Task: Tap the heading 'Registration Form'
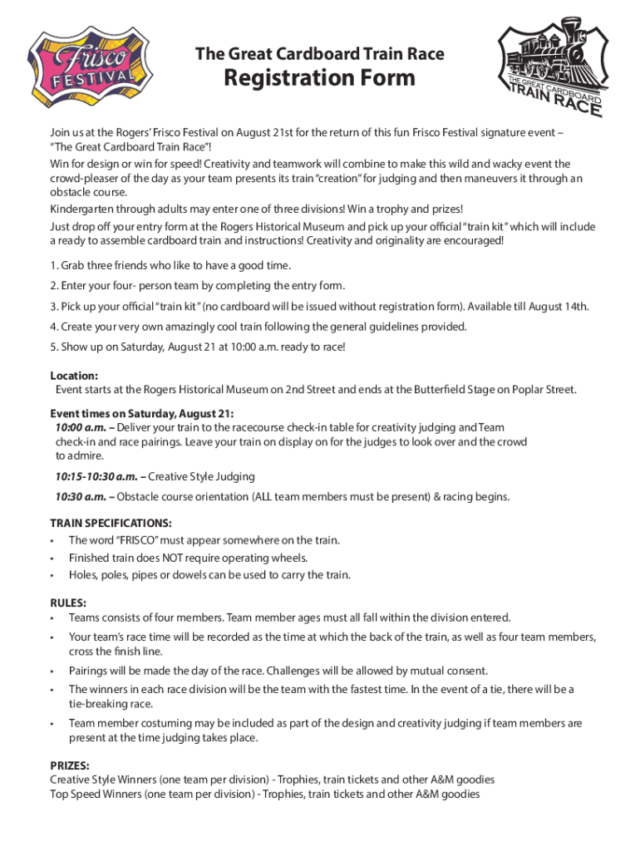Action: coord(319,79)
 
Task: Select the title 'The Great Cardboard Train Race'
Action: coord(319,55)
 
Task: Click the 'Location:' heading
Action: coord(74,375)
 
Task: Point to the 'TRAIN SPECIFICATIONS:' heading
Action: coord(111,523)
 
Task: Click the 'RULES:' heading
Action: coord(68,602)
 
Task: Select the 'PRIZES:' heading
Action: coord(70,765)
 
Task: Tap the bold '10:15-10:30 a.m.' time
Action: coord(96,476)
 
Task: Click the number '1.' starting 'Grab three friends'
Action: coord(54,266)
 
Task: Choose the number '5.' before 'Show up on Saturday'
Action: coord(54,347)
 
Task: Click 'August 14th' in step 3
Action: coord(559,307)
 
